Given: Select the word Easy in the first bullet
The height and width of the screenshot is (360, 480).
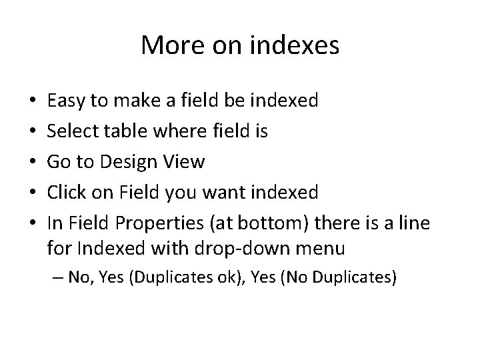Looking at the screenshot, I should coord(65,101).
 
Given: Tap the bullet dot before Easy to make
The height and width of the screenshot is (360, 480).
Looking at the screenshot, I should coord(33,102).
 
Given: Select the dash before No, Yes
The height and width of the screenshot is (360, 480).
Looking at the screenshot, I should coord(56,277).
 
